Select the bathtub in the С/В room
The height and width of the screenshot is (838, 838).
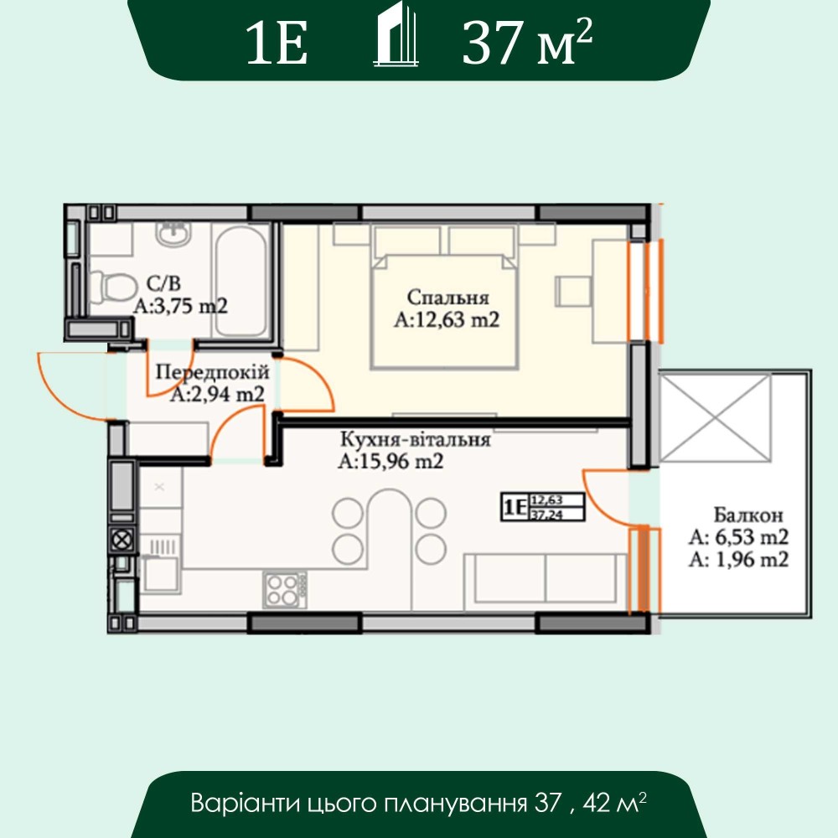pyautogui.click(x=241, y=281)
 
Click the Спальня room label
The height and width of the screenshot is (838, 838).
pyautogui.click(x=447, y=297)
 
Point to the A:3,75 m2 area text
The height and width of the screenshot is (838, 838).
pyautogui.click(x=181, y=306)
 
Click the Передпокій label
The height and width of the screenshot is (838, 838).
pyautogui.click(x=212, y=372)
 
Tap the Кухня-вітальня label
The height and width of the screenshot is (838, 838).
pyautogui.click(x=416, y=439)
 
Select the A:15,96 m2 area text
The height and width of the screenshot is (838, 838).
pyautogui.click(x=391, y=461)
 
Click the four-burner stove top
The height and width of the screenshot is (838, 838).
pyautogui.click(x=285, y=589)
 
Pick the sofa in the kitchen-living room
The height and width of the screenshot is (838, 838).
pyautogui.click(x=546, y=582)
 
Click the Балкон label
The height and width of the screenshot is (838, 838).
pyautogui.click(x=748, y=515)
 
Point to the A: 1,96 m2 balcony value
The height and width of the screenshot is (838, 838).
pyautogui.click(x=738, y=560)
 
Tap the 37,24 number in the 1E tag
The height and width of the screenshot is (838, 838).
pyautogui.click(x=547, y=515)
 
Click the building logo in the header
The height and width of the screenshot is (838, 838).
pyautogui.click(x=396, y=34)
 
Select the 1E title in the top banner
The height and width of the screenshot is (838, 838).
pyautogui.click(x=277, y=44)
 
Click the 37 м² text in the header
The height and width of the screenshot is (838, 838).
pyautogui.click(x=527, y=43)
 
